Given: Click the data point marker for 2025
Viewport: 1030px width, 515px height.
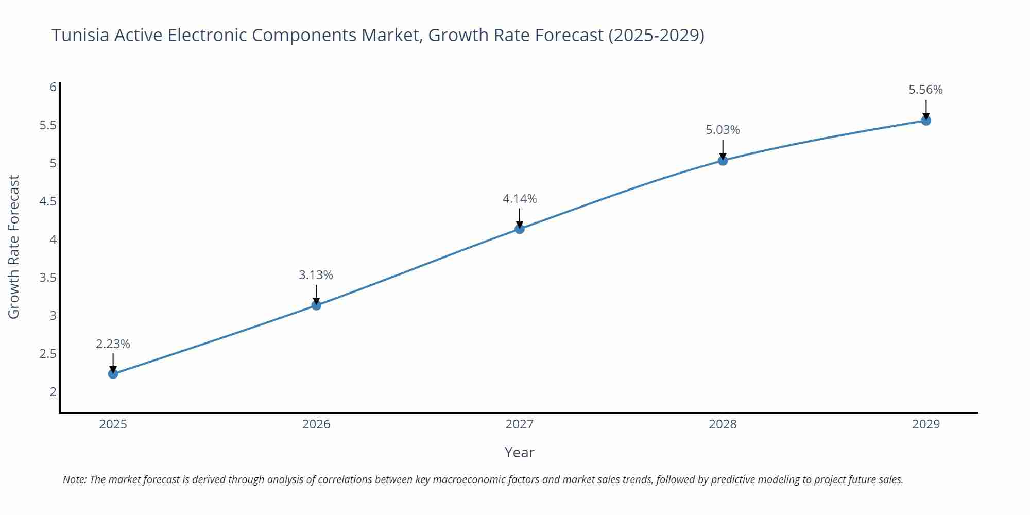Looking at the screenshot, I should click(x=113, y=373).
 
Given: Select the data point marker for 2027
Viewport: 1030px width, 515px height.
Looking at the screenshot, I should click(x=520, y=229).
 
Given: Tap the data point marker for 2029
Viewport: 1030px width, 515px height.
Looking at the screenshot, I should click(x=926, y=121).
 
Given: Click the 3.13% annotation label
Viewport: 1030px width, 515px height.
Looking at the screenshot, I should click(x=316, y=275).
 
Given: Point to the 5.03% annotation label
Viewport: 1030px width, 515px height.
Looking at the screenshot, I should click(x=723, y=130).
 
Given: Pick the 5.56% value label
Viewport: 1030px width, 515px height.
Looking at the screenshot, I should click(x=925, y=90).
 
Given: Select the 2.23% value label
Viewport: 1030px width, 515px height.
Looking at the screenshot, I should click(x=113, y=344).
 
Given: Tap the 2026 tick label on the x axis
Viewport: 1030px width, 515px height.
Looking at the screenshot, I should click(x=316, y=424).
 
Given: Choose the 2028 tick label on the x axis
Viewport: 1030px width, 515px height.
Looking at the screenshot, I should click(x=723, y=424).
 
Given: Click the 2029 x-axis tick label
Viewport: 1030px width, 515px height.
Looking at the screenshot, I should click(x=926, y=424).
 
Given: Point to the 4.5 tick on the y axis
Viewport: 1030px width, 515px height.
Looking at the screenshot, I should click(x=48, y=201).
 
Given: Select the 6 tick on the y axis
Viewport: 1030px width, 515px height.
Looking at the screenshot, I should click(x=53, y=87).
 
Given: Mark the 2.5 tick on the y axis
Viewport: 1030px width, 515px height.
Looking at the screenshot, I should click(x=48, y=354).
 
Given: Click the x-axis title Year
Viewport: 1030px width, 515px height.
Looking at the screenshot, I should click(x=519, y=452).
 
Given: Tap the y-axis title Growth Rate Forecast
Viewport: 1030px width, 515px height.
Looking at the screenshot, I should click(x=14, y=247).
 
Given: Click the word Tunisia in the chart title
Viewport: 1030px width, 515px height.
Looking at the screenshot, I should click(x=80, y=35).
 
